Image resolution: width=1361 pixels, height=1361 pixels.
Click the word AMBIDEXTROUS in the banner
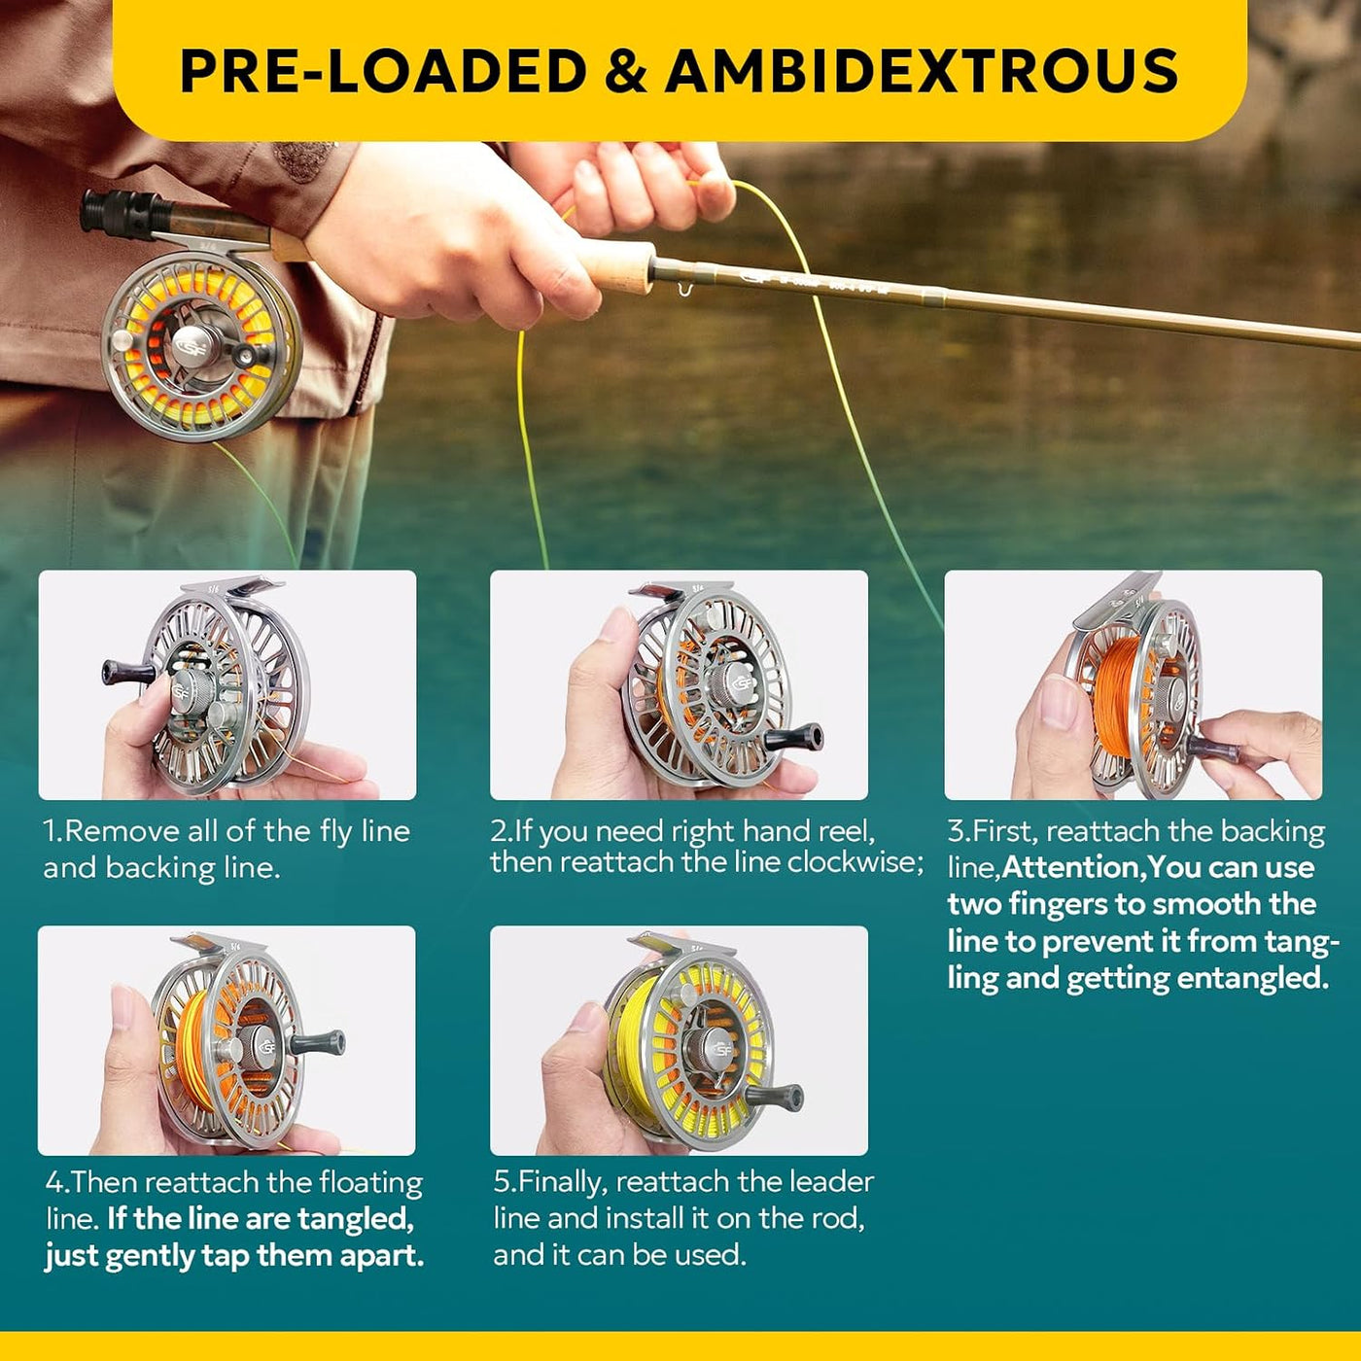(921, 71)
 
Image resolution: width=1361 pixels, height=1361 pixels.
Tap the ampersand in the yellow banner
(625, 71)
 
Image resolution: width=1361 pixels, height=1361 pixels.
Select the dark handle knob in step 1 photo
(127, 673)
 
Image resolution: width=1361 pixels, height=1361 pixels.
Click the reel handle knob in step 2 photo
(794, 737)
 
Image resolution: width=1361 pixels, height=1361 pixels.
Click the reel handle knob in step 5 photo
(775, 1097)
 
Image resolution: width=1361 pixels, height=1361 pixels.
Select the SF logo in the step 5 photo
(722, 1049)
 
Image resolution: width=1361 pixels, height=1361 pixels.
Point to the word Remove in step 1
(123, 830)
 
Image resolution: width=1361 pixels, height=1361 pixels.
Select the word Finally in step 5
(562, 1182)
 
